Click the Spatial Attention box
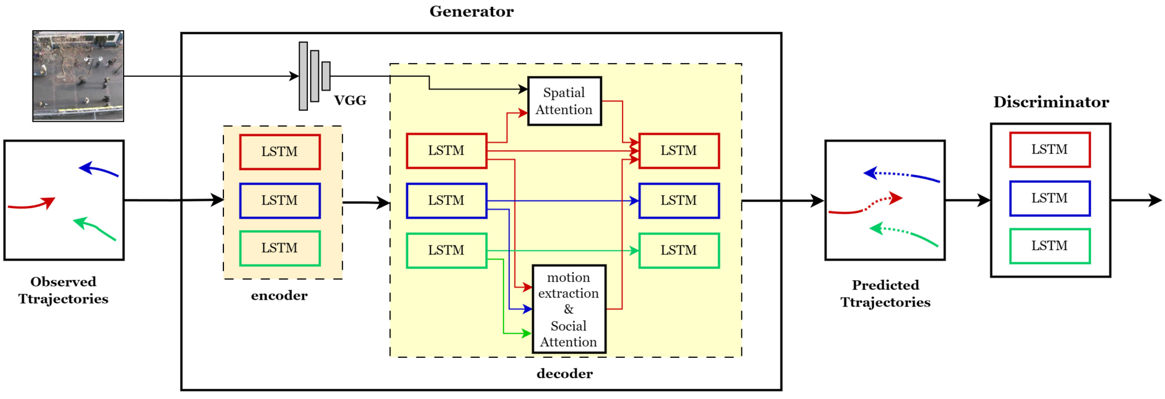[564, 101]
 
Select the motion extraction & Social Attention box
[568, 309]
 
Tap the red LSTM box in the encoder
[280, 152]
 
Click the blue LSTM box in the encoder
[280, 200]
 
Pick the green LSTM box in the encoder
[280, 248]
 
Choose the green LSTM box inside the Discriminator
[1049, 246]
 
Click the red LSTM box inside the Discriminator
[1049, 150]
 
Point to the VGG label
[350, 100]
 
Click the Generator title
[471, 11]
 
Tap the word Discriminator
[1051, 102]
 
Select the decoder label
[564, 373]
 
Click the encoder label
[279, 296]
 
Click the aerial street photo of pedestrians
[78, 76]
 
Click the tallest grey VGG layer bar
[303, 76]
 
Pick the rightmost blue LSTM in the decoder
[679, 200]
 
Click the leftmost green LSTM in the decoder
[446, 250]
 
